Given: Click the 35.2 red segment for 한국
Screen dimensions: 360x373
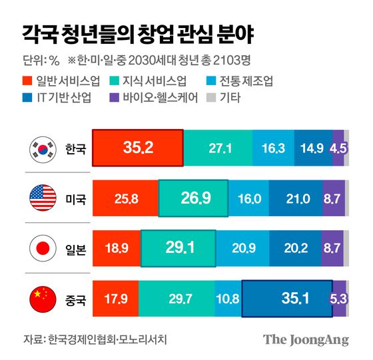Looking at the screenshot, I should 137,148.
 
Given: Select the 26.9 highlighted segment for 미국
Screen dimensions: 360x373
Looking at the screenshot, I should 194,198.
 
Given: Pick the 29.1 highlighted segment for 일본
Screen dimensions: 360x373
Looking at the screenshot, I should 178,249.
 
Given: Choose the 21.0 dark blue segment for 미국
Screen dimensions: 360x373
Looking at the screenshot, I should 296,198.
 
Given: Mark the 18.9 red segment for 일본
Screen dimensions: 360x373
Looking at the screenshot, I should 117,249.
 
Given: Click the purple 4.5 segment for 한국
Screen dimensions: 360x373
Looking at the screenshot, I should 338,148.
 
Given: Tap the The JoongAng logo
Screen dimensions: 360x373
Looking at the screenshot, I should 305,339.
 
